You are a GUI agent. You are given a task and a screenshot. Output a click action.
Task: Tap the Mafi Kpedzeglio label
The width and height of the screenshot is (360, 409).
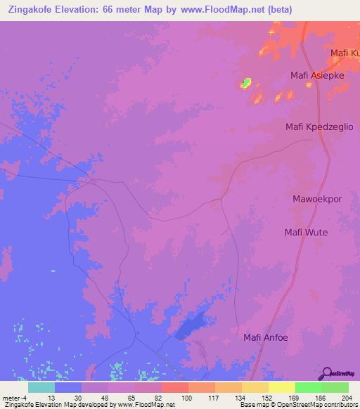point(319,126)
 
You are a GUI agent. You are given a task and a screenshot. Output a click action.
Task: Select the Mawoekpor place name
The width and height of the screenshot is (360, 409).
point(316,199)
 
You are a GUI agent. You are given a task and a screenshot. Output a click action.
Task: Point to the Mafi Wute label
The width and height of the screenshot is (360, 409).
point(306,233)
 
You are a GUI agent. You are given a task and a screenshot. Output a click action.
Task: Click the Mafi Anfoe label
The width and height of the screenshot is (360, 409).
point(266,337)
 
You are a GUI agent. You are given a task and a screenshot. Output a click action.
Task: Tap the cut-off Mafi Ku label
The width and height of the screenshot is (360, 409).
point(345,53)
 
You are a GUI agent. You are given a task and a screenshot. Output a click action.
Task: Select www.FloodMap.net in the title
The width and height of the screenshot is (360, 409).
point(218,10)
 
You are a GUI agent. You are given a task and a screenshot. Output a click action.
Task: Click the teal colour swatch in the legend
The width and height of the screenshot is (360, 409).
point(41,387)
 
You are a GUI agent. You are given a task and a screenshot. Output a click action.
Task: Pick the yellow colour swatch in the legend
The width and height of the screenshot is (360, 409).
point(282,387)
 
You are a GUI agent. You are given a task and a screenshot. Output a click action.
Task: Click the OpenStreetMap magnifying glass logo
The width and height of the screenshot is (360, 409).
point(327,373)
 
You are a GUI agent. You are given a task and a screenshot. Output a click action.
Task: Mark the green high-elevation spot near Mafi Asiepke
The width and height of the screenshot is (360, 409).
point(245,84)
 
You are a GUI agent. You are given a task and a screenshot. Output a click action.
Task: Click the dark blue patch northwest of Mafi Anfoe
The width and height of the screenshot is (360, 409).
point(193,323)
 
